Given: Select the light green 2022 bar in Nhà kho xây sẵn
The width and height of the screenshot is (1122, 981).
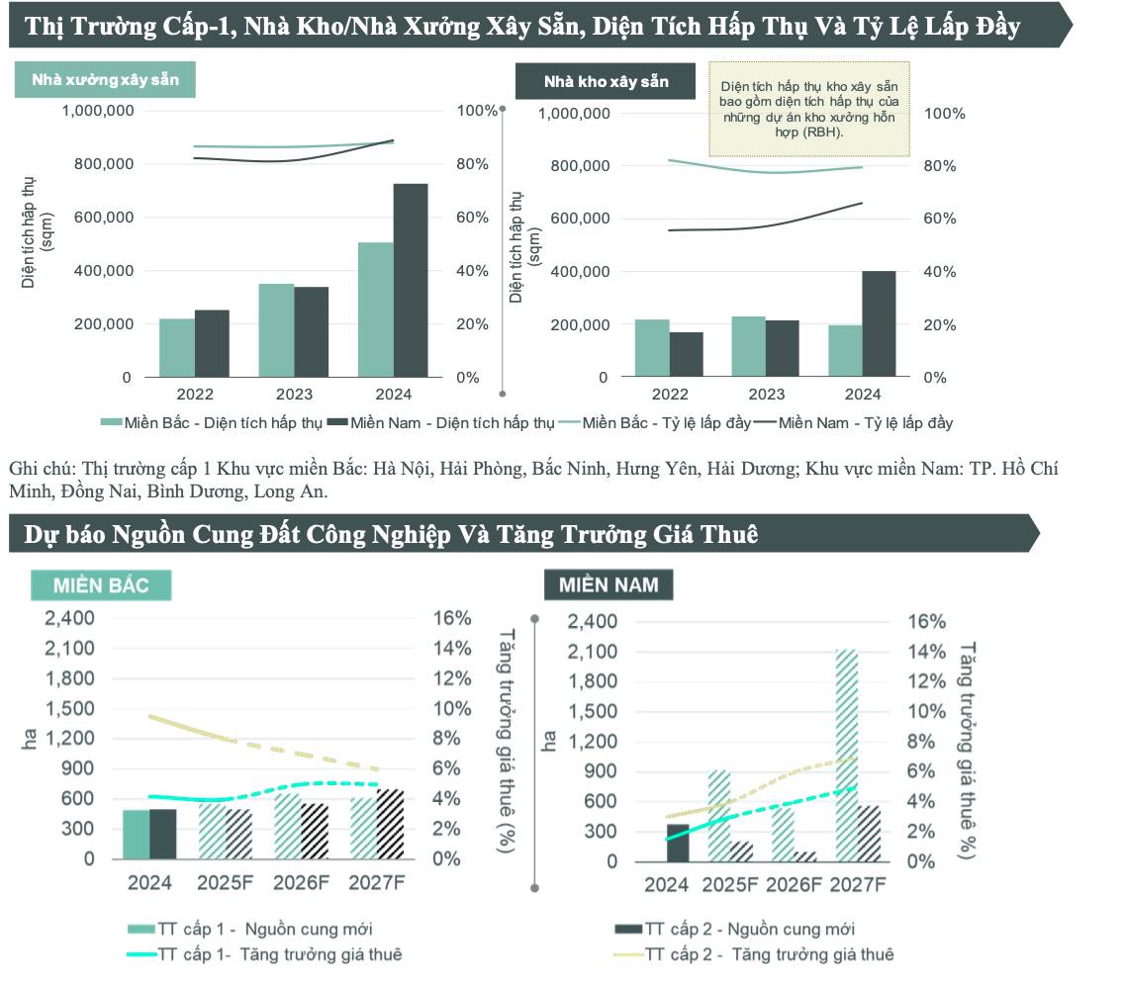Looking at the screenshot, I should (x=651, y=348).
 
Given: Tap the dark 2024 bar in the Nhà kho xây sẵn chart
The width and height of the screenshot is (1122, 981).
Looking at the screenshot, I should (x=878, y=323).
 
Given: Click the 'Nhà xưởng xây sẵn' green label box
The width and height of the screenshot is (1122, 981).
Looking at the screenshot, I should (x=105, y=79).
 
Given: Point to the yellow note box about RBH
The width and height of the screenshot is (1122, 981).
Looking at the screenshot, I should (x=809, y=110).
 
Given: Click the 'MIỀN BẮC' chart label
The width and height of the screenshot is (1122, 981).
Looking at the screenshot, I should (x=101, y=585).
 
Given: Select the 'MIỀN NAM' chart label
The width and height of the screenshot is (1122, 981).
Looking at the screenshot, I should (x=608, y=584).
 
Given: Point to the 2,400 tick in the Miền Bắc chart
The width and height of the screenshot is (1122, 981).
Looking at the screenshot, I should (x=70, y=618).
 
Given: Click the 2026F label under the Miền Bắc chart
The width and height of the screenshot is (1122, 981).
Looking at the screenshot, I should (x=300, y=883).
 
